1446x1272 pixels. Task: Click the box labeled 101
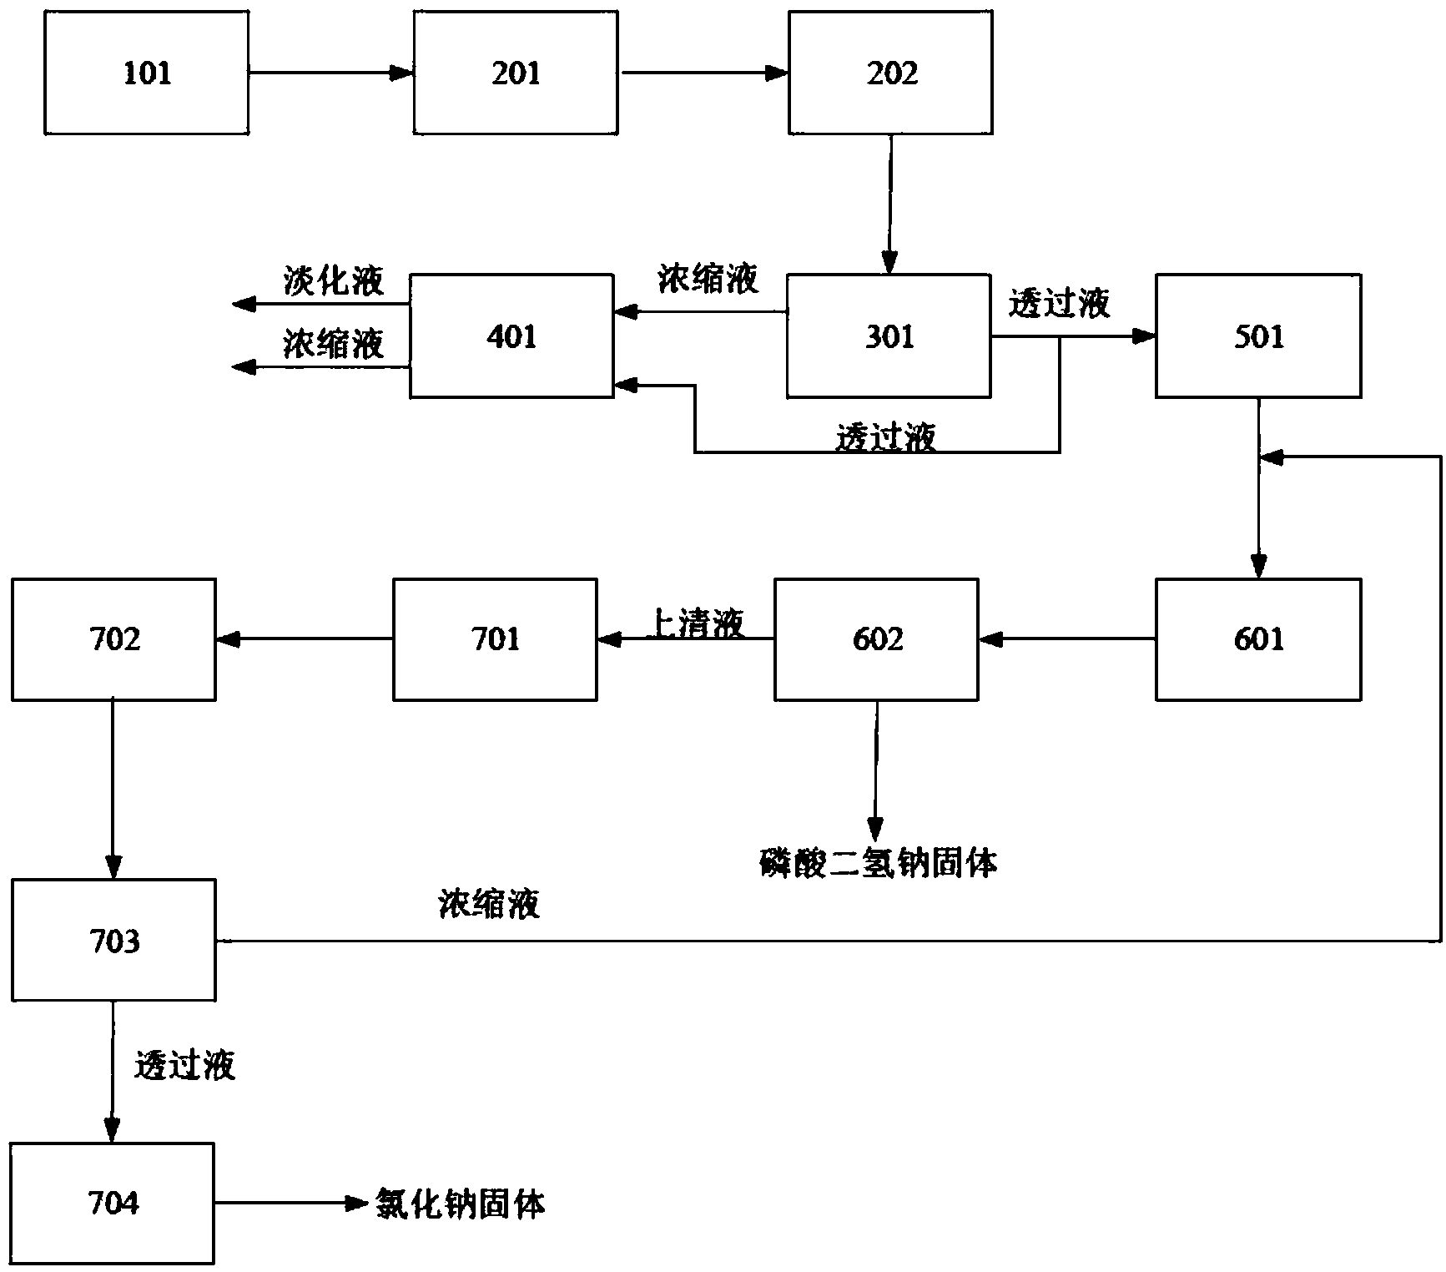146,73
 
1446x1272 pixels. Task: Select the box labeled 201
516,73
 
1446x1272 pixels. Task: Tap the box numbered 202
890,73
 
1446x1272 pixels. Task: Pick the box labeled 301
889,336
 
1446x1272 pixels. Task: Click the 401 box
511,336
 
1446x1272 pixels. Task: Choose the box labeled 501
1258,336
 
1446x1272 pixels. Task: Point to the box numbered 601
1258,639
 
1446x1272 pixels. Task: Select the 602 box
876,639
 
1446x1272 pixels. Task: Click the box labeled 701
495,639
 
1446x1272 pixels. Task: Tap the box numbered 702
113,639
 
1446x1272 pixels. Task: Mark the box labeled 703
113,941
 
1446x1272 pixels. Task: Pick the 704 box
113,1203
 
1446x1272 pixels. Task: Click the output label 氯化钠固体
461,1204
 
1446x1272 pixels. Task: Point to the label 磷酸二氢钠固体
878,863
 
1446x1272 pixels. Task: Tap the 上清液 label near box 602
696,623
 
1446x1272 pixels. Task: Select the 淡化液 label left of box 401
333,281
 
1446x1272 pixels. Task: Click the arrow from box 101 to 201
330,73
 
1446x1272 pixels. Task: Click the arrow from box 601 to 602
1067,640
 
